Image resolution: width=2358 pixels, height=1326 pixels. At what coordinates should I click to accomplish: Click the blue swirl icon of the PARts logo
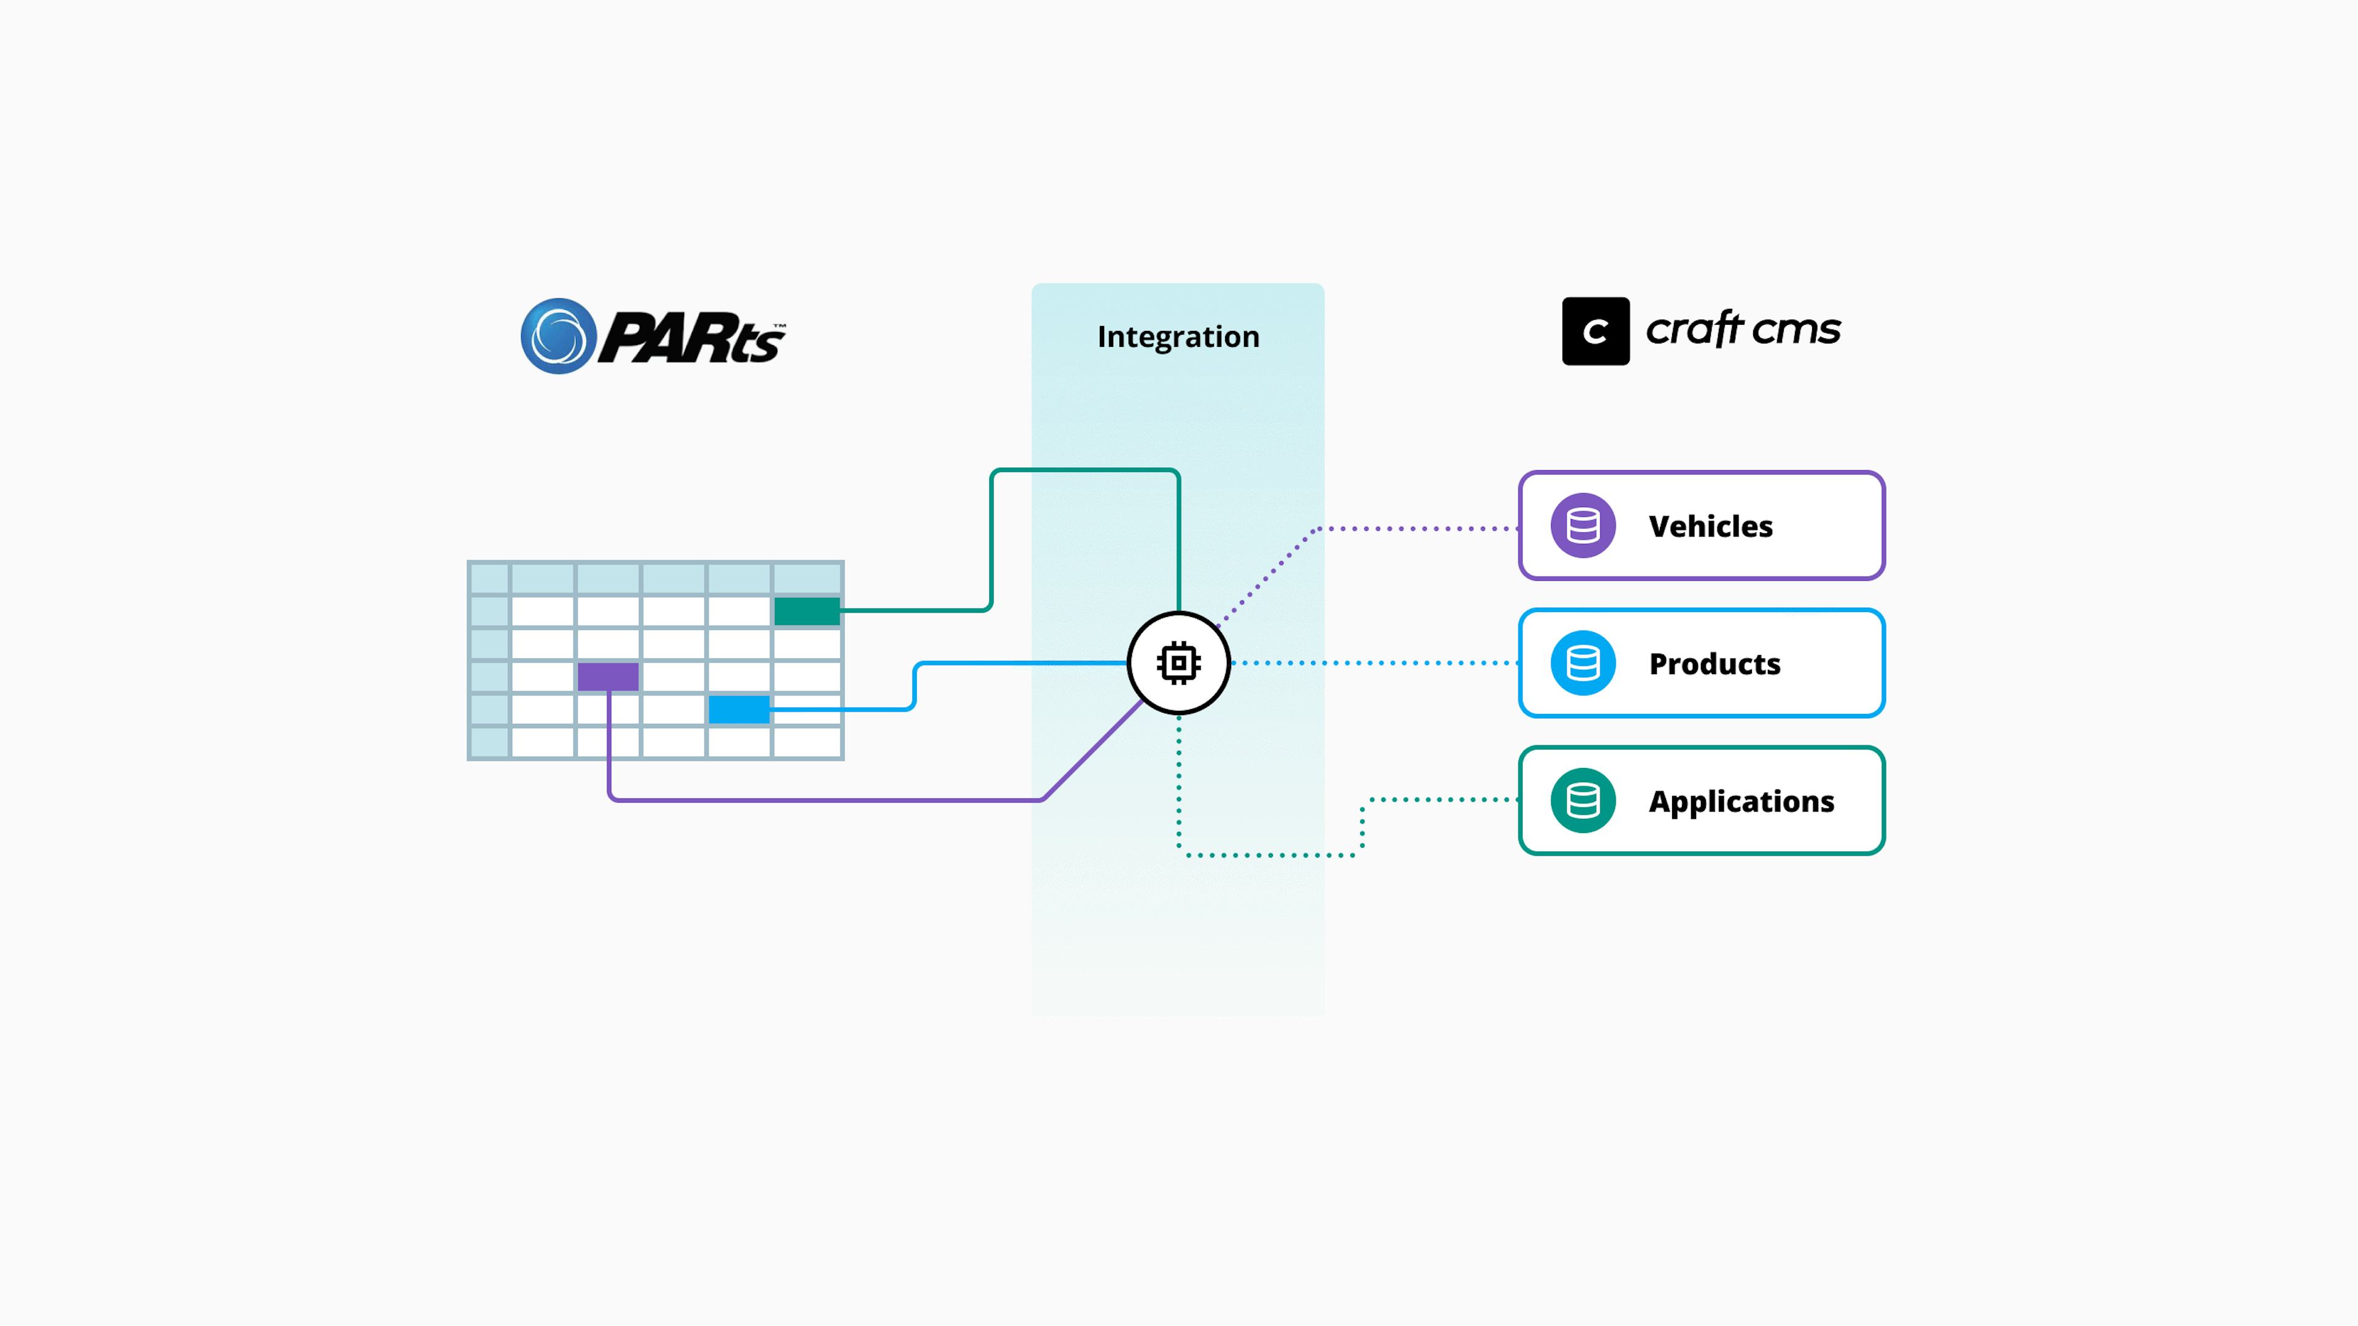pyautogui.click(x=558, y=336)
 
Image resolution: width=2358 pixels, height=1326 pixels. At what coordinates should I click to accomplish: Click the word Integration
pyautogui.click(x=1178, y=337)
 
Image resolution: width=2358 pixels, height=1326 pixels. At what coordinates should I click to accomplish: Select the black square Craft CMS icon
pyautogui.click(x=1595, y=331)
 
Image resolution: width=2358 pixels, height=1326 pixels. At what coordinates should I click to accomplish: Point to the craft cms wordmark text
pyautogui.click(x=1743, y=330)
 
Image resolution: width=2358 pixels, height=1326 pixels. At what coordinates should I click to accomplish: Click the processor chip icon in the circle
pyautogui.click(x=1178, y=662)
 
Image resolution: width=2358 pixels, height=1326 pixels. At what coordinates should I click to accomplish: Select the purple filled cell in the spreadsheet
pyautogui.click(x=608, y=677)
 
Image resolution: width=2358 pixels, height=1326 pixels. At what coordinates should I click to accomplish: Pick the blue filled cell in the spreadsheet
pyautogui.click(x=739, y=709)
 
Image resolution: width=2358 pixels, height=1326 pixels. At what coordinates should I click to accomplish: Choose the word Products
pyautogui.click(x=1714, y=664)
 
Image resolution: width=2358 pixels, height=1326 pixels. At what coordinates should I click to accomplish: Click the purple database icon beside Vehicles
pyautogui.click(x=1582, y=525)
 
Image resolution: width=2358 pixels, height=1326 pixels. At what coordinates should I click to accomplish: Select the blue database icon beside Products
pyautogui.click(x=1582, y=662)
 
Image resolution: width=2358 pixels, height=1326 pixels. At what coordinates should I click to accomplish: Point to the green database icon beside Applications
pyautogui.click(x=1582, y=800)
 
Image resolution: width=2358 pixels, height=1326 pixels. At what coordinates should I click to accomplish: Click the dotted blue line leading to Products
pyautogui.click(x=1373, y=662)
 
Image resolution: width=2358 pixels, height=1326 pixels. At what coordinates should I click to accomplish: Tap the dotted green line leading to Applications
pyautogui.click(x=1272, y=855)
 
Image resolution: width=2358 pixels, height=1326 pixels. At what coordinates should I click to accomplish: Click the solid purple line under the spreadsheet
pyautogui.click(x=824, y=801)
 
